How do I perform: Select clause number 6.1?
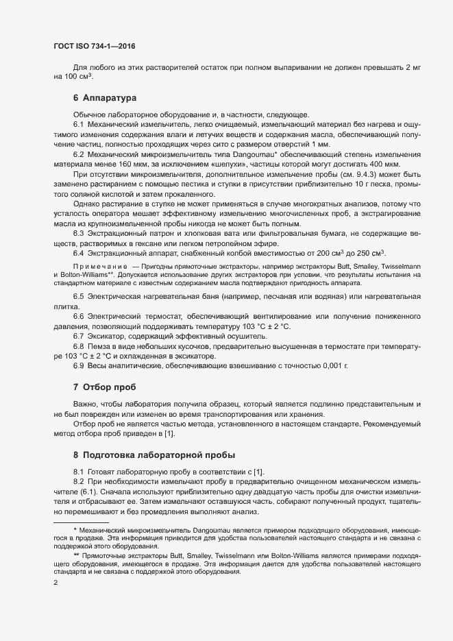[x=78, y=123]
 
